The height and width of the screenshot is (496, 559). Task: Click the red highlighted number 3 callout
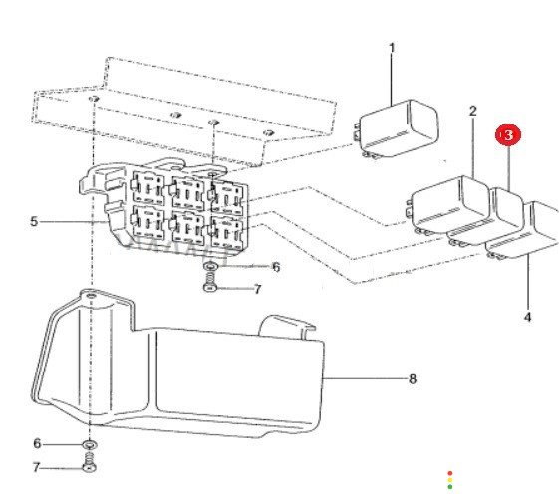[x=508, y=135]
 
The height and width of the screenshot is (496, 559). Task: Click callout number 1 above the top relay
[x=392, y=48]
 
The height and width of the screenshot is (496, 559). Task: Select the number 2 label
[x=472, y=111]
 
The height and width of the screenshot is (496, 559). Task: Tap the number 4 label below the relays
[x=528, y=317]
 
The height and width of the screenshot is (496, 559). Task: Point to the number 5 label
[x=34, y=222]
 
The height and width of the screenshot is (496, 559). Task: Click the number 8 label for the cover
[x=413, y=379]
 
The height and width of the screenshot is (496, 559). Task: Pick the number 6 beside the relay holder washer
[x=276, y=267]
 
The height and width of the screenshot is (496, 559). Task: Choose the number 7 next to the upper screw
[x=258, y=289]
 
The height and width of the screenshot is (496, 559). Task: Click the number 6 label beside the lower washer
[x=37, y=443]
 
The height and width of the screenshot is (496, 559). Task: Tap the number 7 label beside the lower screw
[x=36, y=467]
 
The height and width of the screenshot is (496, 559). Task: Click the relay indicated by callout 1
[x=398, y=128]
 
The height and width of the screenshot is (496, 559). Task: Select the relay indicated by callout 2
[x=450, y=206]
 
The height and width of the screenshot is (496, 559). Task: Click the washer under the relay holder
[x=211, y=266]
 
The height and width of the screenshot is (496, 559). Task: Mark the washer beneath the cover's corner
[x=90, y=444]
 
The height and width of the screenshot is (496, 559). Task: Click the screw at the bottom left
[x=89, y=462]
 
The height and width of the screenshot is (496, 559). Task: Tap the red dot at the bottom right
[x=450, y=473]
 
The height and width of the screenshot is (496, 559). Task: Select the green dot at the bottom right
[x=450, y=487]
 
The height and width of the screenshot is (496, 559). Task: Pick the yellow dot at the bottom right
[x=450, y=480]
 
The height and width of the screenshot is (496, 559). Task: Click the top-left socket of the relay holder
[x=147, y=188]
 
